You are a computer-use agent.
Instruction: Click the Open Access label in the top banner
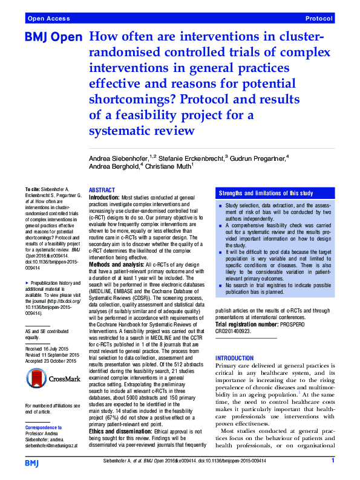tap(46, 19)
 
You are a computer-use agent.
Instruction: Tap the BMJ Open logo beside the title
tap(53, 37)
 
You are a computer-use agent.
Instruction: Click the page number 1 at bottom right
tap(333, 461)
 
